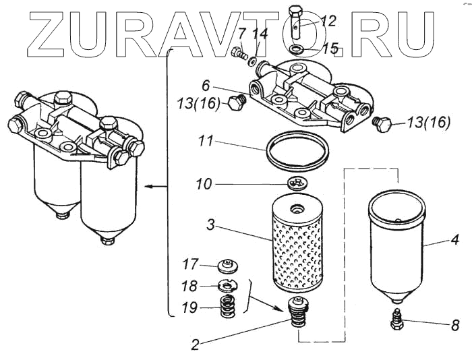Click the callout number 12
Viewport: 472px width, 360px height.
coord(328,21)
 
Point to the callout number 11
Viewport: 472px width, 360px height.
coord(207,143)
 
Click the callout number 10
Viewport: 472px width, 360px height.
coord(204,183)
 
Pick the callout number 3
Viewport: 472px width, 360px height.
coord(211,228)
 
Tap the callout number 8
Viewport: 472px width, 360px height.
coord(456,325)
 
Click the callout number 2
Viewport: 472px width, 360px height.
coord(195,344)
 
